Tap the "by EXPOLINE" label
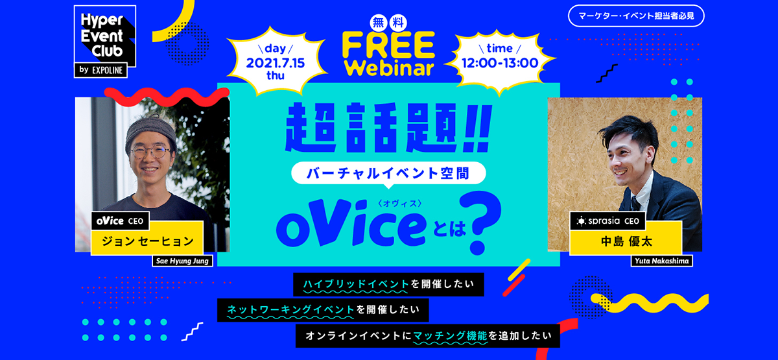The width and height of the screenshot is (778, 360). coord(100,70)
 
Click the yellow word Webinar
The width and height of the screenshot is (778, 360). coord(388,67)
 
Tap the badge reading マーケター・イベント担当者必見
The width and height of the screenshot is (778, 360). coord(635,16)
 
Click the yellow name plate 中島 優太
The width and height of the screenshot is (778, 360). coord(626,242)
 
